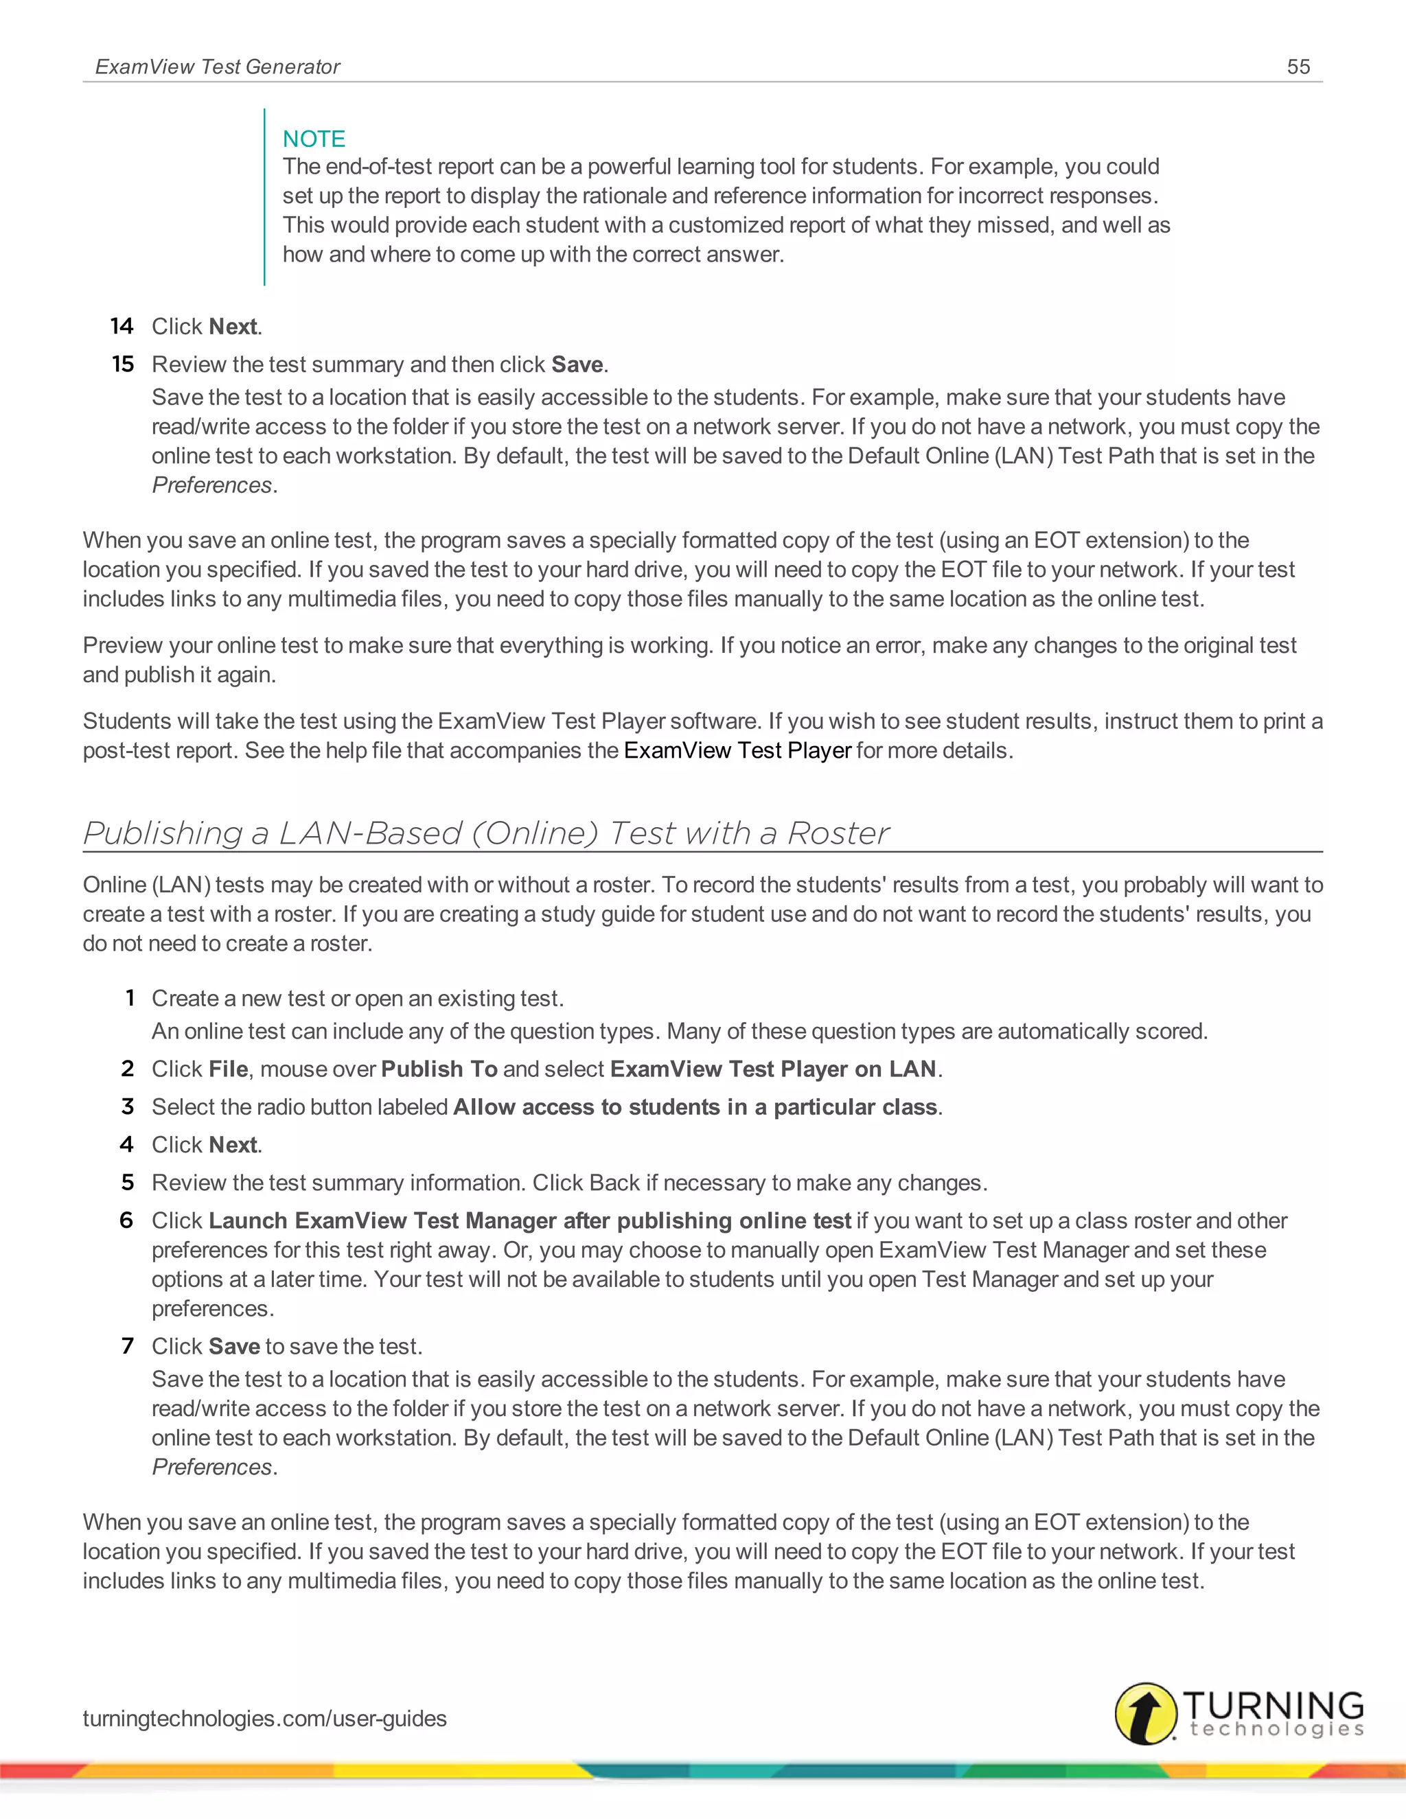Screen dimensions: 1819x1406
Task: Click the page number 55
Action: [x=1298, y=67]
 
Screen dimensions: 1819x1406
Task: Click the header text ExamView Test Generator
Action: [x=218, y=67]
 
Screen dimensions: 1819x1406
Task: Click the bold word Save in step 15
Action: [x=577, y=364]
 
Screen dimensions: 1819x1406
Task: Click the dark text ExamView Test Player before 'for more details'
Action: [x=737, y=750]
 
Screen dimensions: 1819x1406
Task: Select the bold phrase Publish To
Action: [x=439, y=1069]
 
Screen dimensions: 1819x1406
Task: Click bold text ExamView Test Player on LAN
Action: [x=773, y=1069]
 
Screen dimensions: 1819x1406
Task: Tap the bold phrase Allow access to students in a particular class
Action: [x=695, y=1107]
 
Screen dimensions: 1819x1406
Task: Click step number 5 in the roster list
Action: [x=128, y=1183]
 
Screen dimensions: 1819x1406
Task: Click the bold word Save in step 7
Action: [x=234, y=1346]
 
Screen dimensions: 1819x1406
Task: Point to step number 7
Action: [x=128, y=1346]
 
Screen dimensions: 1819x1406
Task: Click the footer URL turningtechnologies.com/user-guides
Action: [x=265, y=1718]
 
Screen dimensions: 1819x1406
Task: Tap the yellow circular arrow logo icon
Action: [x=1145, y=1713]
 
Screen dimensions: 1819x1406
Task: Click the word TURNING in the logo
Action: [x=1273, y=1704]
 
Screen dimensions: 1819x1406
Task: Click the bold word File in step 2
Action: [x=228, y=1069]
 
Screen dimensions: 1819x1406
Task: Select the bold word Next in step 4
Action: [x=233, y=1144]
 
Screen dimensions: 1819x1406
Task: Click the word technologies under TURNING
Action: [x=1276, y=1730]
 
